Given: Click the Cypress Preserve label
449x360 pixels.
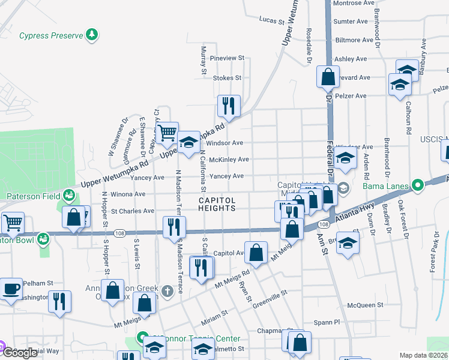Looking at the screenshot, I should pos(50,36).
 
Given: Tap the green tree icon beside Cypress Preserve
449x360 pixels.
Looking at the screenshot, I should pos(92,35).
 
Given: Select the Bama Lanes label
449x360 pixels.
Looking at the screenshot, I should pos(385,186).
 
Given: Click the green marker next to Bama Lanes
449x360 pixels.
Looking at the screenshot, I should pos(418,185).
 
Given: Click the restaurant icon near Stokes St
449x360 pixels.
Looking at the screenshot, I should pos(229,106).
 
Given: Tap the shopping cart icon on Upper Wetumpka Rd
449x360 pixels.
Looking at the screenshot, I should pos(167,132).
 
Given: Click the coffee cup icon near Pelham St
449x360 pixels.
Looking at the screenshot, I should pos(11,288).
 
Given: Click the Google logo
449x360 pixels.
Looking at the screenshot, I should pos(19,353).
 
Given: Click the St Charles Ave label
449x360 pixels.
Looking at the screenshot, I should pos(133,211).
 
